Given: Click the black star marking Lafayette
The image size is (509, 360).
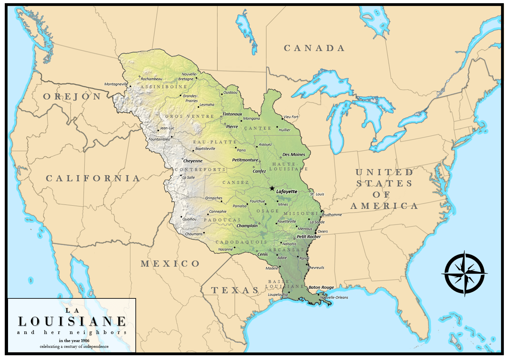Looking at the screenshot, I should pos(272,188).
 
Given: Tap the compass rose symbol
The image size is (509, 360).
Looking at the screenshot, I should pos(464,273).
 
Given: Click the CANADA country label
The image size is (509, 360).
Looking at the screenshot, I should pos(314,48).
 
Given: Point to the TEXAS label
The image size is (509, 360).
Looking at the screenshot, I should pos(235,290).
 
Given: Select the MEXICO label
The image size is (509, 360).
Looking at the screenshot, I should pos(170,264).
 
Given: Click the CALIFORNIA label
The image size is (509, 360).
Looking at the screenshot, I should pos(93,178).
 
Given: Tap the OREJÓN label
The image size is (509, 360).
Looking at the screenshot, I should pos(72,97).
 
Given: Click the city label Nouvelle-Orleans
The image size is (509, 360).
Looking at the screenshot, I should pos(334,297).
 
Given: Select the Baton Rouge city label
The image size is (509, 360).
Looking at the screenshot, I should pos(321,287).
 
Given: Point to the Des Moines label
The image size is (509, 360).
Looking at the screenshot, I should pos(294,155).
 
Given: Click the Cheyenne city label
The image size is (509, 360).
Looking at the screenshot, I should pos(193,161).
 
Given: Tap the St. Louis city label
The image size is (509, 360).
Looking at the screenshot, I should pos(317,194).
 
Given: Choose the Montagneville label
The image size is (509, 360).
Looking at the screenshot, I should pos(116,84).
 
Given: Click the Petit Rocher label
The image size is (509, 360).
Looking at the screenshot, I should pos(309,237).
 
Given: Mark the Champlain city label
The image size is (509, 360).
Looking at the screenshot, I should pos(247,226).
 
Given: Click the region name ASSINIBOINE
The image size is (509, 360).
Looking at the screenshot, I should pos(164,87).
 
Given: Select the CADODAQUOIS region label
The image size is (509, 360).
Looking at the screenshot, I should pos(241,242).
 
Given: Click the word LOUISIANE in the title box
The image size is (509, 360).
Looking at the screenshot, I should pos(72,321).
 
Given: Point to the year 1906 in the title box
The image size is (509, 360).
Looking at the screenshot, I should pos(85,341).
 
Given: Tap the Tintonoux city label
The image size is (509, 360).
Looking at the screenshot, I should pos(232,114).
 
